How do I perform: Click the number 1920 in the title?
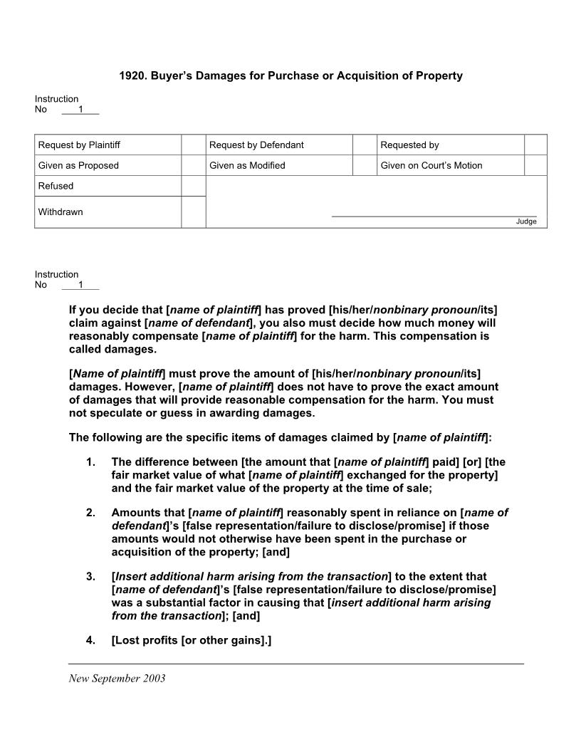[x=132, y=75]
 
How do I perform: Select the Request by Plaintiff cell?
[x=79, y=145]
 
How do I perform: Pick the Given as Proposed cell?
[x=78, y=166]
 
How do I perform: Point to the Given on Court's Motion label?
[x=431, y=166]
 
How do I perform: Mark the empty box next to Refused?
[x=193, y=186]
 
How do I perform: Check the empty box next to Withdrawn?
[x=193, y=212]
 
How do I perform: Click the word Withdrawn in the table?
[x=61, y=212]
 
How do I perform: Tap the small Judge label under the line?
[x=526, y=221]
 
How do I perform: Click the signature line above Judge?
[x=434, y=216]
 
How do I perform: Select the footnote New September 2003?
[x=117, y=679]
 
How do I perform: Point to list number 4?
[x=90, y=640]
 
